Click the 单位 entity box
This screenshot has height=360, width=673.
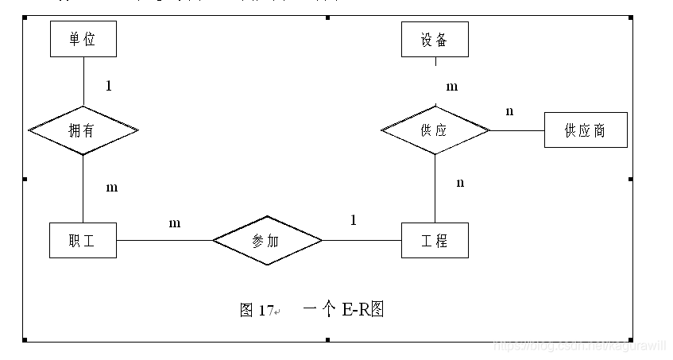pyautogui.click(x=83, y=40)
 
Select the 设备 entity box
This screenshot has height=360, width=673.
pyautogui.click(x=434, y=40)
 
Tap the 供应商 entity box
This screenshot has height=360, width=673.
pyautogui.click(x=586, y=130)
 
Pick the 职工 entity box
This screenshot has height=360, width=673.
pyautogui.click(x=83, y=240)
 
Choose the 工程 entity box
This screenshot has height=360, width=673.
pyautogui.click(x=435, y=240)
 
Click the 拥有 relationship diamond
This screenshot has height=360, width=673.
pyautogui.click(x=83, y=130)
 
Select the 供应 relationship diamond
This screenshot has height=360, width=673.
pyautogui.click(x=435, y=130)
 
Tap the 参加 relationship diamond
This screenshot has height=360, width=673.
pyautogui.click(x=267, y=240)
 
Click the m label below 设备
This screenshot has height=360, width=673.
pyautogui.click(x=451, y=87)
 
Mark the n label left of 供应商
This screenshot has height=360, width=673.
pyautogui.click(x=509, y=111)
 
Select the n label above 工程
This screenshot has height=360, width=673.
pyautogui.click(x=460, y=184)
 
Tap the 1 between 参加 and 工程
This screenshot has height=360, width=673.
pyautogui.click(x=354, y=220)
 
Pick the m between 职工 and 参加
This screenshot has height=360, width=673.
pyautogui.click(x=174, y=223)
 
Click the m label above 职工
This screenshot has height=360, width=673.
pyautogui.click(x=111, y=188)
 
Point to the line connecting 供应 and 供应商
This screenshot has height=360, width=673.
pyautogui.click(x=516, y=130)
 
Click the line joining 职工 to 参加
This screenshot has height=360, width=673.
pyautogui.click(x=164, y=240)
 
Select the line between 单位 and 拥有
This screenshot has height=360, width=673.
pyautogui.click(x=83, y=81)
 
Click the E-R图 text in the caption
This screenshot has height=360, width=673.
pyautogui.click(x=363, y=309)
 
